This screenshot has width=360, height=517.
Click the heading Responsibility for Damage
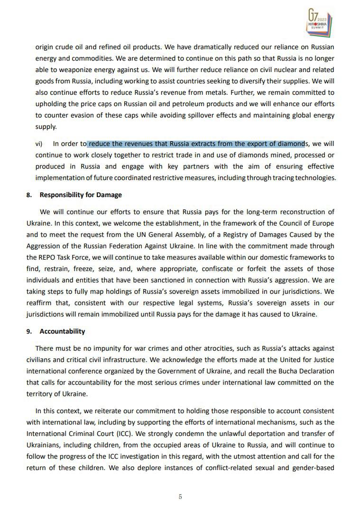click(x=81, y=195)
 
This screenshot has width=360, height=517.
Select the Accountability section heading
click(x=62, y=331)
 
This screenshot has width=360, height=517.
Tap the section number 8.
click(x=28, y=195)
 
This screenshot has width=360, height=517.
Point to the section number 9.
click(x=28, y=331)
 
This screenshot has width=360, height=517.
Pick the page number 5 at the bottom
click(x=180, y=497)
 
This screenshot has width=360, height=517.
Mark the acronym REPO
click(x=49, y=257)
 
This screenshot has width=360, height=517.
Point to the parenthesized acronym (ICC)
click(x=117, y=434)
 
